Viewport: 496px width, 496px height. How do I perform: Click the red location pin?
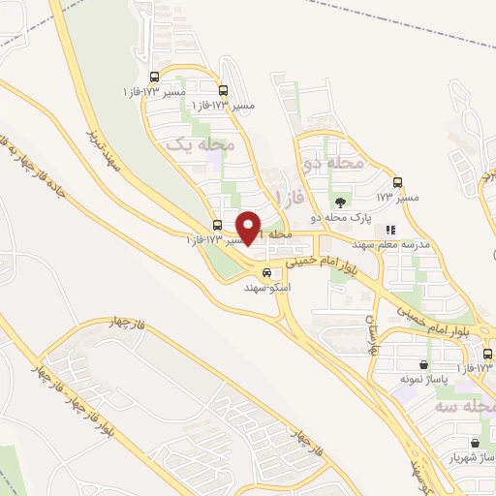click(249, 227)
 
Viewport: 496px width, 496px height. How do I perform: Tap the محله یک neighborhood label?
click(201, 144)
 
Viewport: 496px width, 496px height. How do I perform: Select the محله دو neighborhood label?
click(333, 164)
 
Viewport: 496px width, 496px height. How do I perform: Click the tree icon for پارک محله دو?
click(339, 202)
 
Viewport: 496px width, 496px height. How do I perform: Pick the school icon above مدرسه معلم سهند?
click(390, 231)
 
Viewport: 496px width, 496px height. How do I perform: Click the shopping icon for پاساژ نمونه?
click(422, 365)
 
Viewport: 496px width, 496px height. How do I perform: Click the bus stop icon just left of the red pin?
click(217, 225)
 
